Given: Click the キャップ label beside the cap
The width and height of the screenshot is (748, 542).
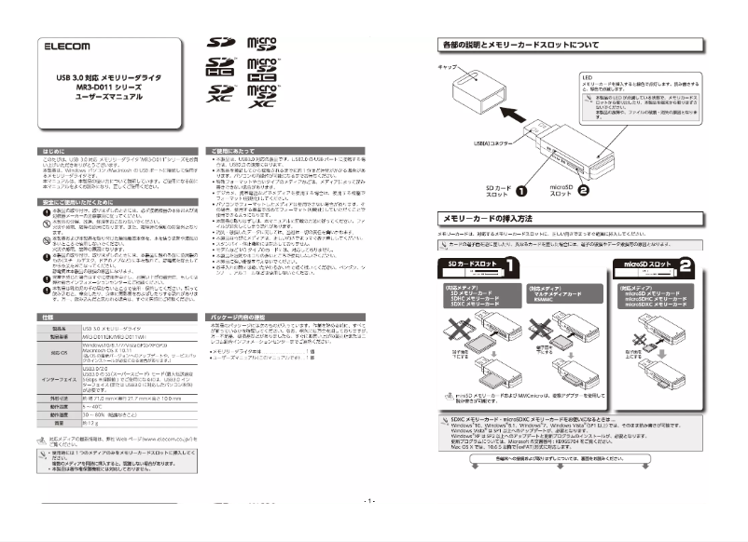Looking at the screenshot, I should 448,70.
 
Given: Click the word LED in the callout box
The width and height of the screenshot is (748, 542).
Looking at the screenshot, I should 588,78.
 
